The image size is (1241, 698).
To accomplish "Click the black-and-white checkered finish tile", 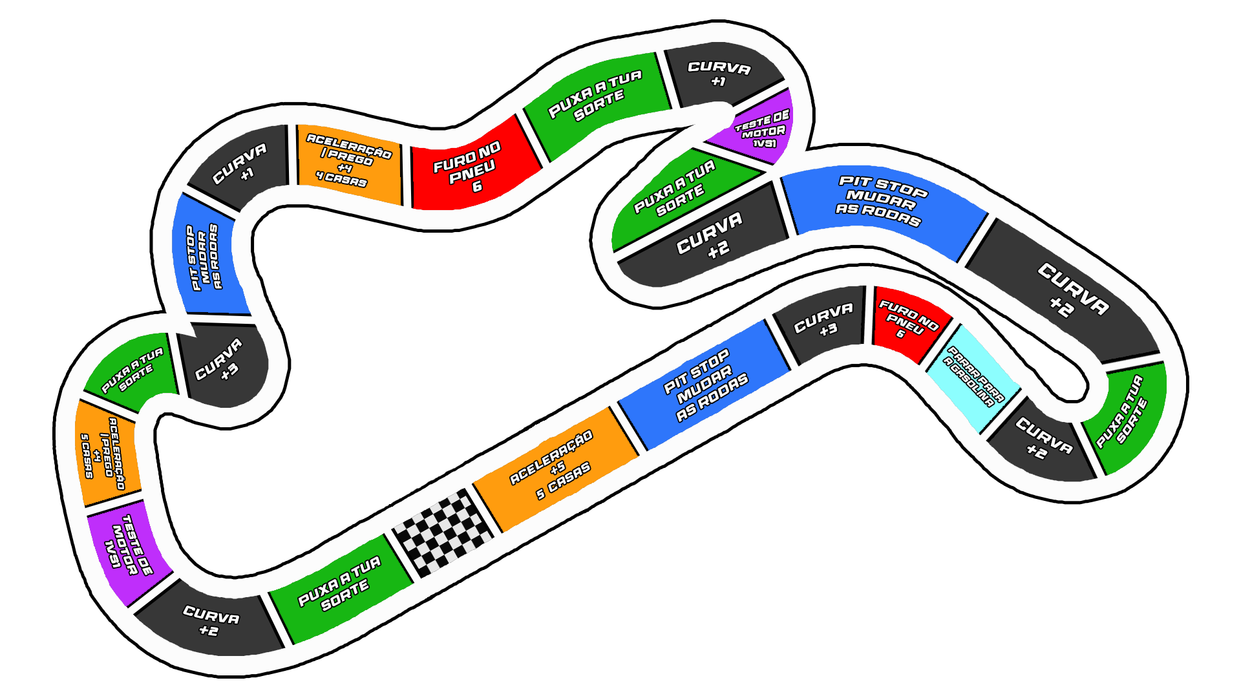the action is coord(443,533).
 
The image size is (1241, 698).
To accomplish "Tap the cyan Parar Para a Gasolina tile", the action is coord(973,379).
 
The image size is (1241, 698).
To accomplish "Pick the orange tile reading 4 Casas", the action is coord(349,164).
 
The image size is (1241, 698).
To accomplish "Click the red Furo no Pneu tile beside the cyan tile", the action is coord(910,323).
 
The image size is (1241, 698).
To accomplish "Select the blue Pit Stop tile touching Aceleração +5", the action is coord(705,386).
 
